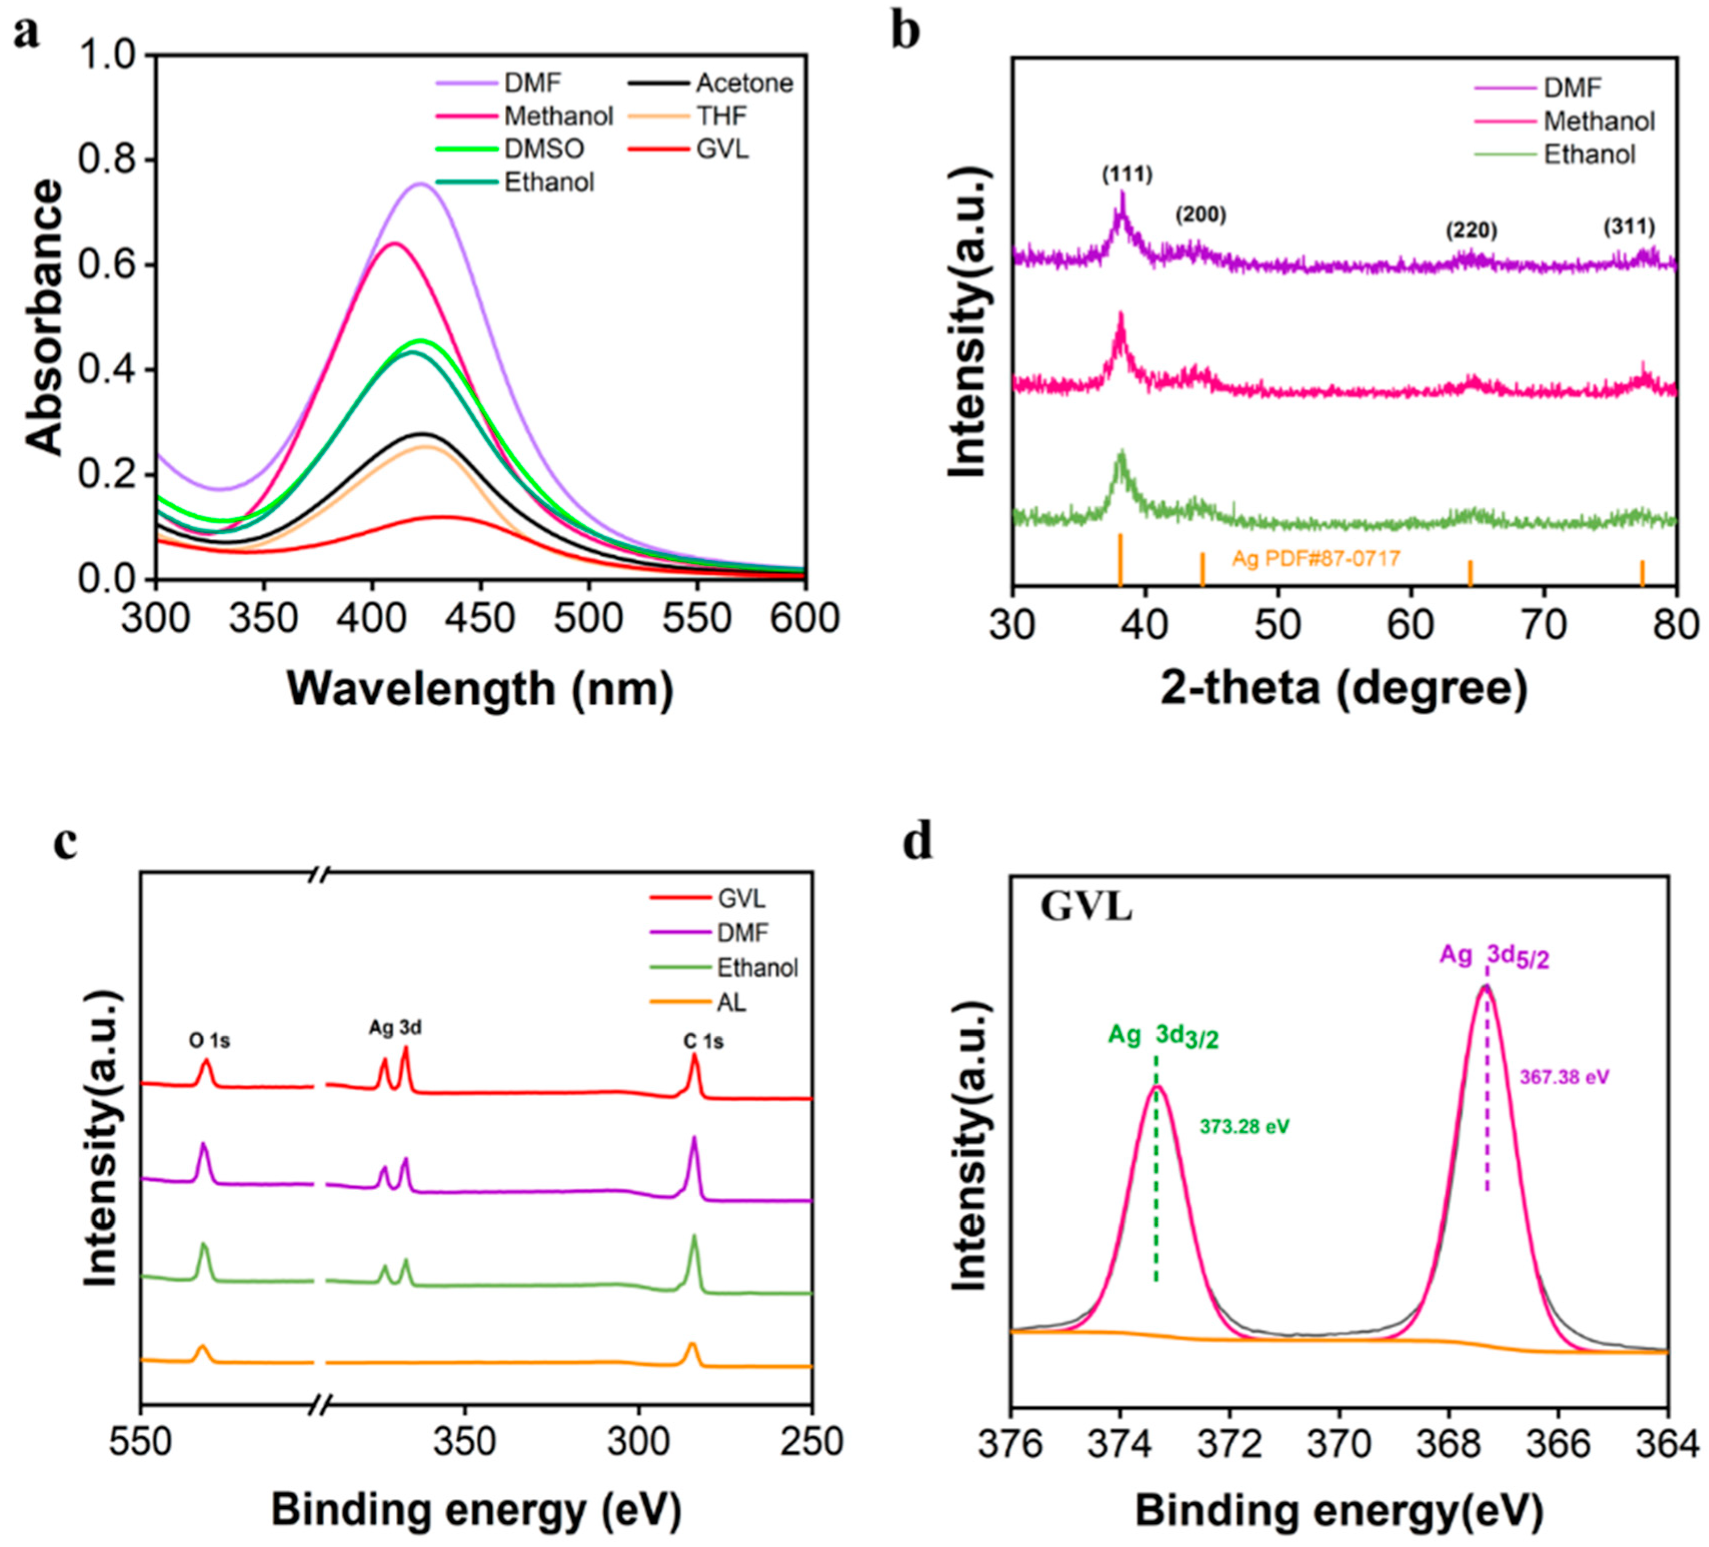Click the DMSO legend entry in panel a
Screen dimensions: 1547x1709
[543, 149]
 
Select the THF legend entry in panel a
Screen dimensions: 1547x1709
[721, 116]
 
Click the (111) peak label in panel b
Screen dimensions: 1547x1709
[1127, 174]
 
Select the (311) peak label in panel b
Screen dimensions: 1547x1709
[1628, 226]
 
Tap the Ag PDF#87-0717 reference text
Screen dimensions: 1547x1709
[1316, 558]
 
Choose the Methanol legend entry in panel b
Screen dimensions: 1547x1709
[1598, 121]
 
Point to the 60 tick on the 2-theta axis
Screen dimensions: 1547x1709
[1410, 624]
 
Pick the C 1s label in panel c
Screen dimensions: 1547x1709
[704, 1041]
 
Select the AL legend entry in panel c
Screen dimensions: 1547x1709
[731, 1003]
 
